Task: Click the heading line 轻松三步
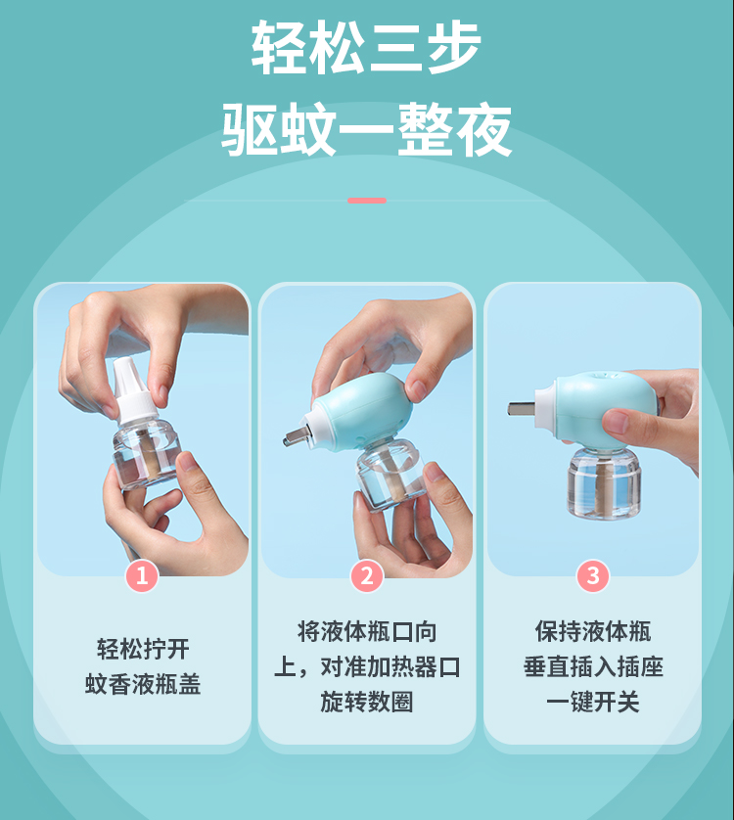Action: click(366, 48)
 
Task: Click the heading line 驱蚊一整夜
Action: click(366, 129)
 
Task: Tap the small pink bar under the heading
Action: click(367, 201)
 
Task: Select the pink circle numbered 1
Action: click(142, 575)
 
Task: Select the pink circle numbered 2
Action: click(367, 575)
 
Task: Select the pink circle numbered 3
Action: click(593, 575)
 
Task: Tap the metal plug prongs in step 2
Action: click(295, 435)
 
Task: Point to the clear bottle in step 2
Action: click(391, 476)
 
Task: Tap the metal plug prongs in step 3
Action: click(522, 408)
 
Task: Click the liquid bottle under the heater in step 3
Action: click(604, 482)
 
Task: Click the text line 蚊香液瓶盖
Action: click(143, 684)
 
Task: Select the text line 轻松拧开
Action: click(143, 649)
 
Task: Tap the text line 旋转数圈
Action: click(367, 702)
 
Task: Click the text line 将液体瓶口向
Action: click(367, 632)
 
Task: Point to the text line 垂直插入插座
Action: click(593, 666)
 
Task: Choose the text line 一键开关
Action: click(593, 702)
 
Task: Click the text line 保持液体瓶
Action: click(593, 632)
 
